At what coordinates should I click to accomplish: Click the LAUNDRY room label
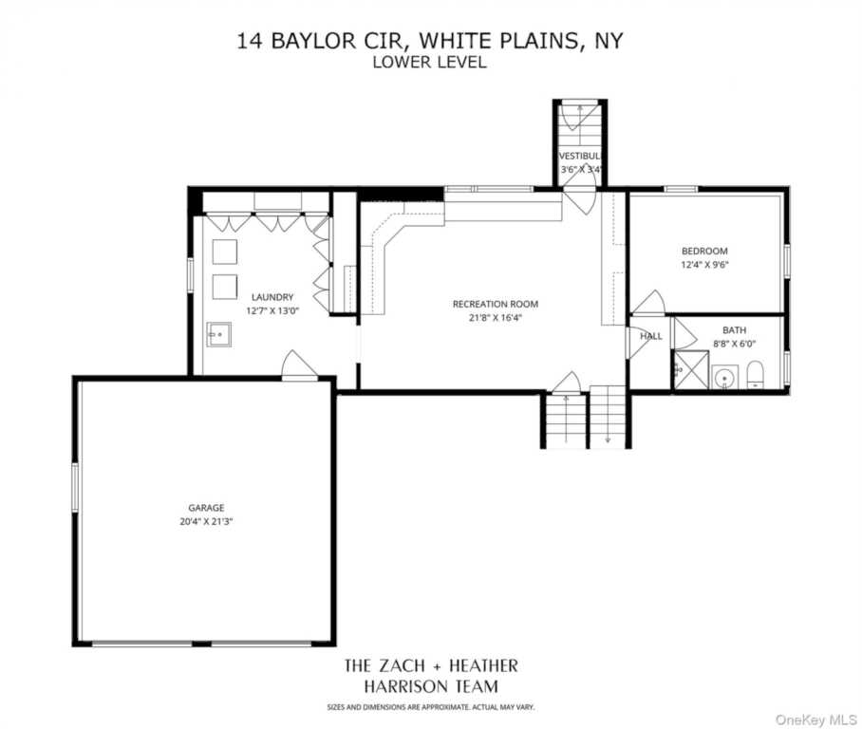point(272,296)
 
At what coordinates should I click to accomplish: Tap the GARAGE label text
point(205,508)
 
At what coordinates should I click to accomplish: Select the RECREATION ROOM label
point(495,304)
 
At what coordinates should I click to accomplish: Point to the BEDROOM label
point(703,252)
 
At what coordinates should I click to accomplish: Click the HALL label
point(651,336)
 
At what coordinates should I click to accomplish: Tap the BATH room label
point(734,330)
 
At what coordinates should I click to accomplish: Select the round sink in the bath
point(725,378)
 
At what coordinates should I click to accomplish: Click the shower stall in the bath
point(690,370)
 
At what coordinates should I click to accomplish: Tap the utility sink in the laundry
point(219,334)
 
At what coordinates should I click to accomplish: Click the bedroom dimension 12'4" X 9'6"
point(703,265)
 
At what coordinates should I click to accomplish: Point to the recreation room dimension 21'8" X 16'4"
point(495,318)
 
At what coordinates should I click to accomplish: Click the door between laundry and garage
point(298,367)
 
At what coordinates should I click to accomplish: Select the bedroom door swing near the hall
point(649,304)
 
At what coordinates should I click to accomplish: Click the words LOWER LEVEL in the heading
point(430,63)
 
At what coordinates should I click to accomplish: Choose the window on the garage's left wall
point(75,487)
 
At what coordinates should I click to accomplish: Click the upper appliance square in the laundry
point(224,252)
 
